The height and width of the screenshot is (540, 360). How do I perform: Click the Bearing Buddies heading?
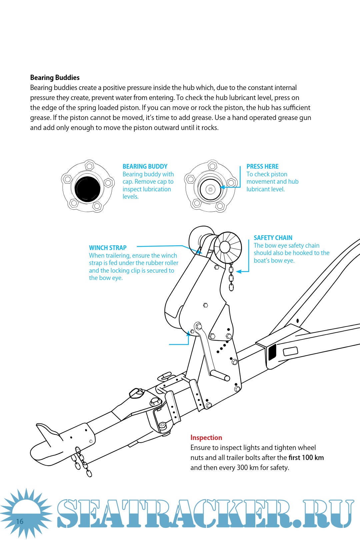[x=55, y=78]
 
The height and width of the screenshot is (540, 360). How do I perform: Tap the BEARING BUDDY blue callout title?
[x=145, y=166]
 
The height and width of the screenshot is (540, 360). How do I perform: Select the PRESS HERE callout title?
[x=262, y=166]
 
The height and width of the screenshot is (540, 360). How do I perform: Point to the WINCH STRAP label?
[x=108, y=248]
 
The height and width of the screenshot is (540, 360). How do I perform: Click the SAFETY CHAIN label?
[x=273, y=238]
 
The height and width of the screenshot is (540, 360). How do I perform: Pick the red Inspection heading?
[x=206, y=438]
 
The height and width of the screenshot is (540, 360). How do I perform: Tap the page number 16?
[x=20, y=521]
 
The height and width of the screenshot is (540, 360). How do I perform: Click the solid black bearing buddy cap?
[x=87, y=189]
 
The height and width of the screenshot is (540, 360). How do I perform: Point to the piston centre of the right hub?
[x=210, y=189]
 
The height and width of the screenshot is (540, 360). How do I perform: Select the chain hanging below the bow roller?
[x=231, y=277]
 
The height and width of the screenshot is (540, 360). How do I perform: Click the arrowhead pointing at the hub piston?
[x=223, y=187]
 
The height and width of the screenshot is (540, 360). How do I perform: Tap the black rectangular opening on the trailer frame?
[x=272, y=352]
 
